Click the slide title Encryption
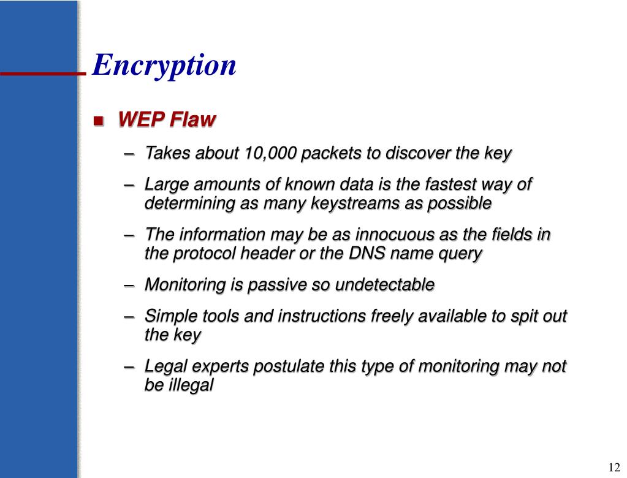(164, 65)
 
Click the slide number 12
(614, 467)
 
